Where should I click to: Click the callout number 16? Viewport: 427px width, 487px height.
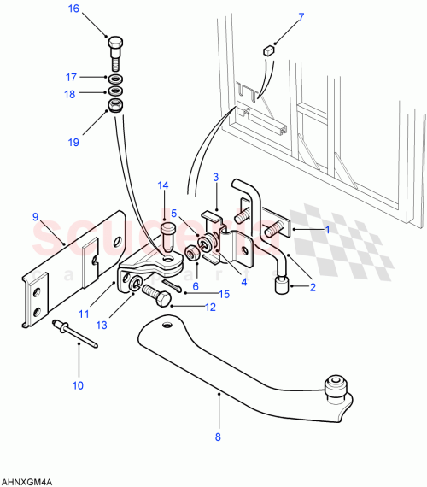click(x=73, y=9)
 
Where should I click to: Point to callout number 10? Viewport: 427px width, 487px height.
click(x=78, y=385)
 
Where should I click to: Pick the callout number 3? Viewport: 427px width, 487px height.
click(x=216, y=177)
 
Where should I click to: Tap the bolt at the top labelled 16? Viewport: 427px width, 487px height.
click(x=115, y=50)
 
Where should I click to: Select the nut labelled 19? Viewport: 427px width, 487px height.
click(x=115, y=106)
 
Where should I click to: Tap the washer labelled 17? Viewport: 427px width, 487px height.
click(x=115, y=78)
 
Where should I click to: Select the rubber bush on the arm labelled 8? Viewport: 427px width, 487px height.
click(x=336, y=387)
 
